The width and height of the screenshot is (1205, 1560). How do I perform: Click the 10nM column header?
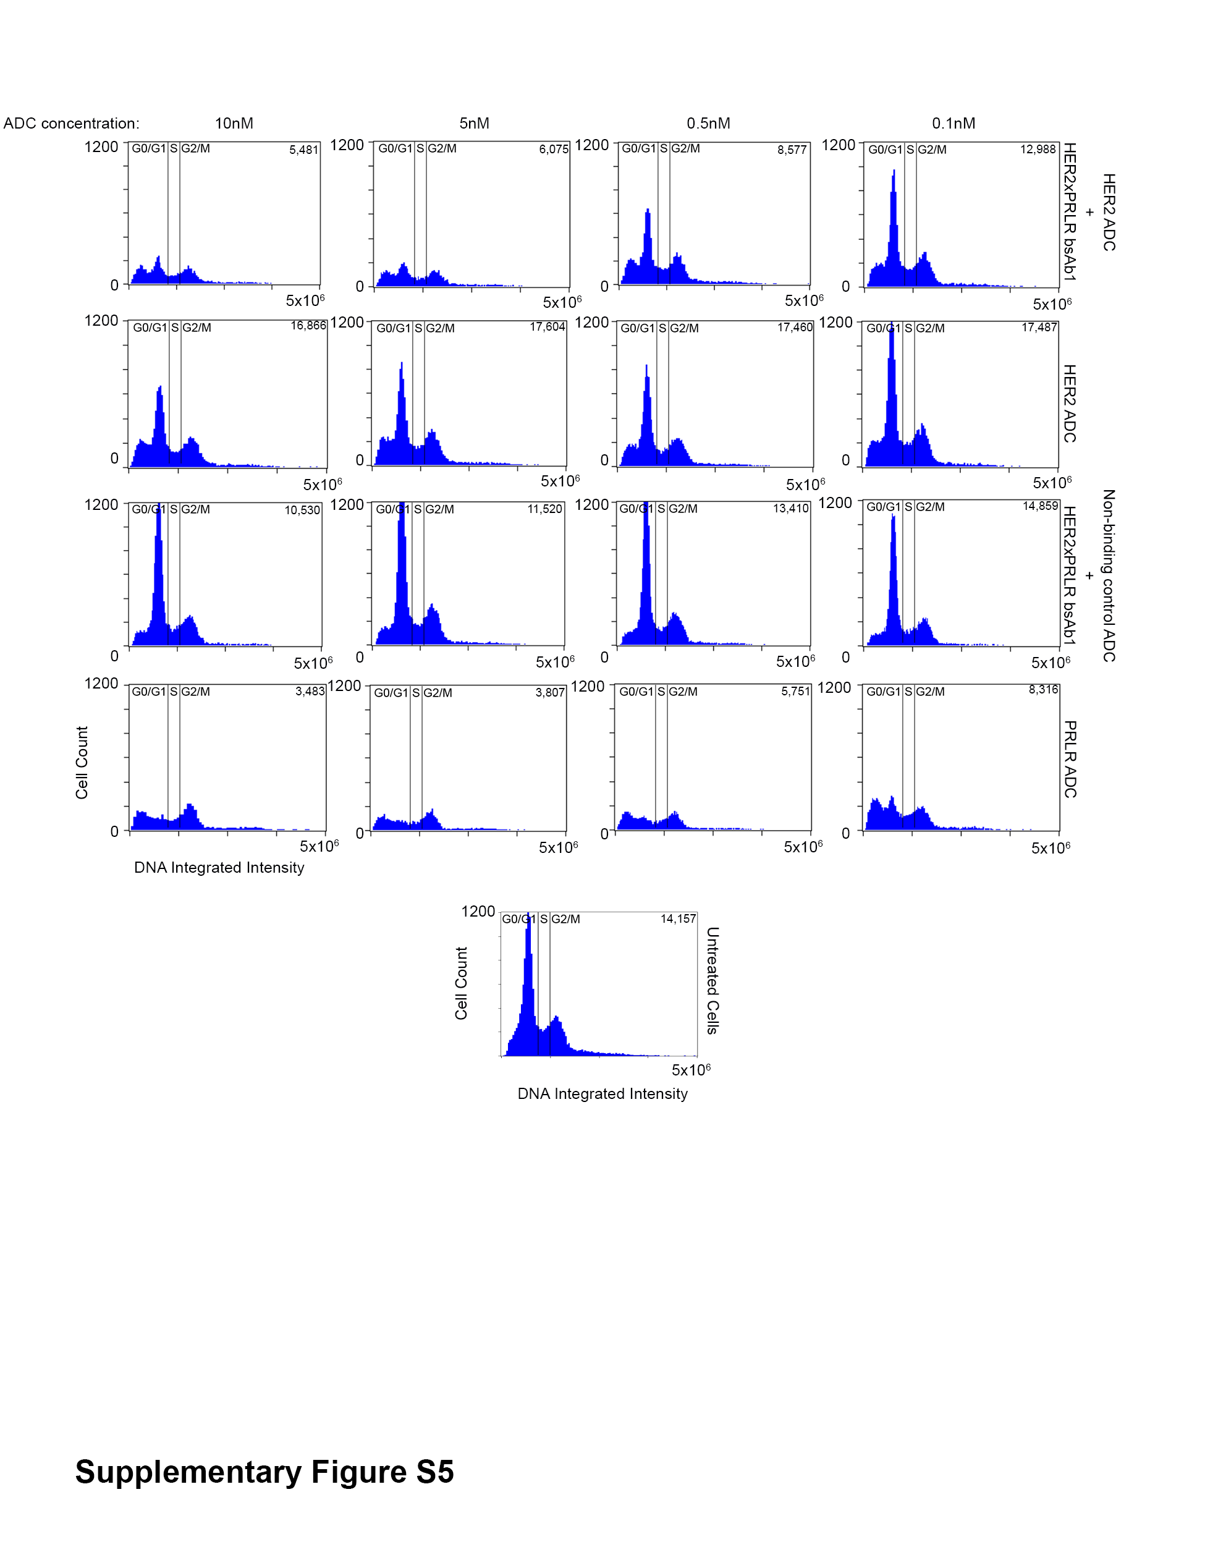234,123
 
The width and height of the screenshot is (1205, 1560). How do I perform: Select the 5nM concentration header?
475,123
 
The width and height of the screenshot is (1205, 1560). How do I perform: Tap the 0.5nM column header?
709,123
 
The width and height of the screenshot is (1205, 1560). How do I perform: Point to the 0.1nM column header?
953,123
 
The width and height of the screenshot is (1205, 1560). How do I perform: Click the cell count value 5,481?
303,150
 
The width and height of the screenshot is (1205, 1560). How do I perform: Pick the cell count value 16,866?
308,326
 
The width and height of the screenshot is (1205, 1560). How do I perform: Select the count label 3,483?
310,692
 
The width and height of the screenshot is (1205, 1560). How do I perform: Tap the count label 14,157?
678,918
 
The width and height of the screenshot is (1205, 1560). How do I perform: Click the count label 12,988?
1038,150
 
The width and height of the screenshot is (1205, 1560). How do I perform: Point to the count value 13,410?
791,509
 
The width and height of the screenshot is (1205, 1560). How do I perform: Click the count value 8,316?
1044,689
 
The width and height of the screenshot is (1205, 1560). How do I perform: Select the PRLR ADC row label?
1069,758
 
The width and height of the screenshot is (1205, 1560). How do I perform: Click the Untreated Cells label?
712,980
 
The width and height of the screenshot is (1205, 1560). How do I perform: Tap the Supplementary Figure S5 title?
264,1472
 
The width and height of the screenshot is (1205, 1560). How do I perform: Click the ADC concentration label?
72,123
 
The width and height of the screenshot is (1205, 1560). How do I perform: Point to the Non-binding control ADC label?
1109,575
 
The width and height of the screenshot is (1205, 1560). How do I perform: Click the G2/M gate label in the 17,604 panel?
440,328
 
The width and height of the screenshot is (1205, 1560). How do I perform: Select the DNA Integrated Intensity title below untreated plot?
602,1093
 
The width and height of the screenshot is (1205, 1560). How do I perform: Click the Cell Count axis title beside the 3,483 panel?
82,762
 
